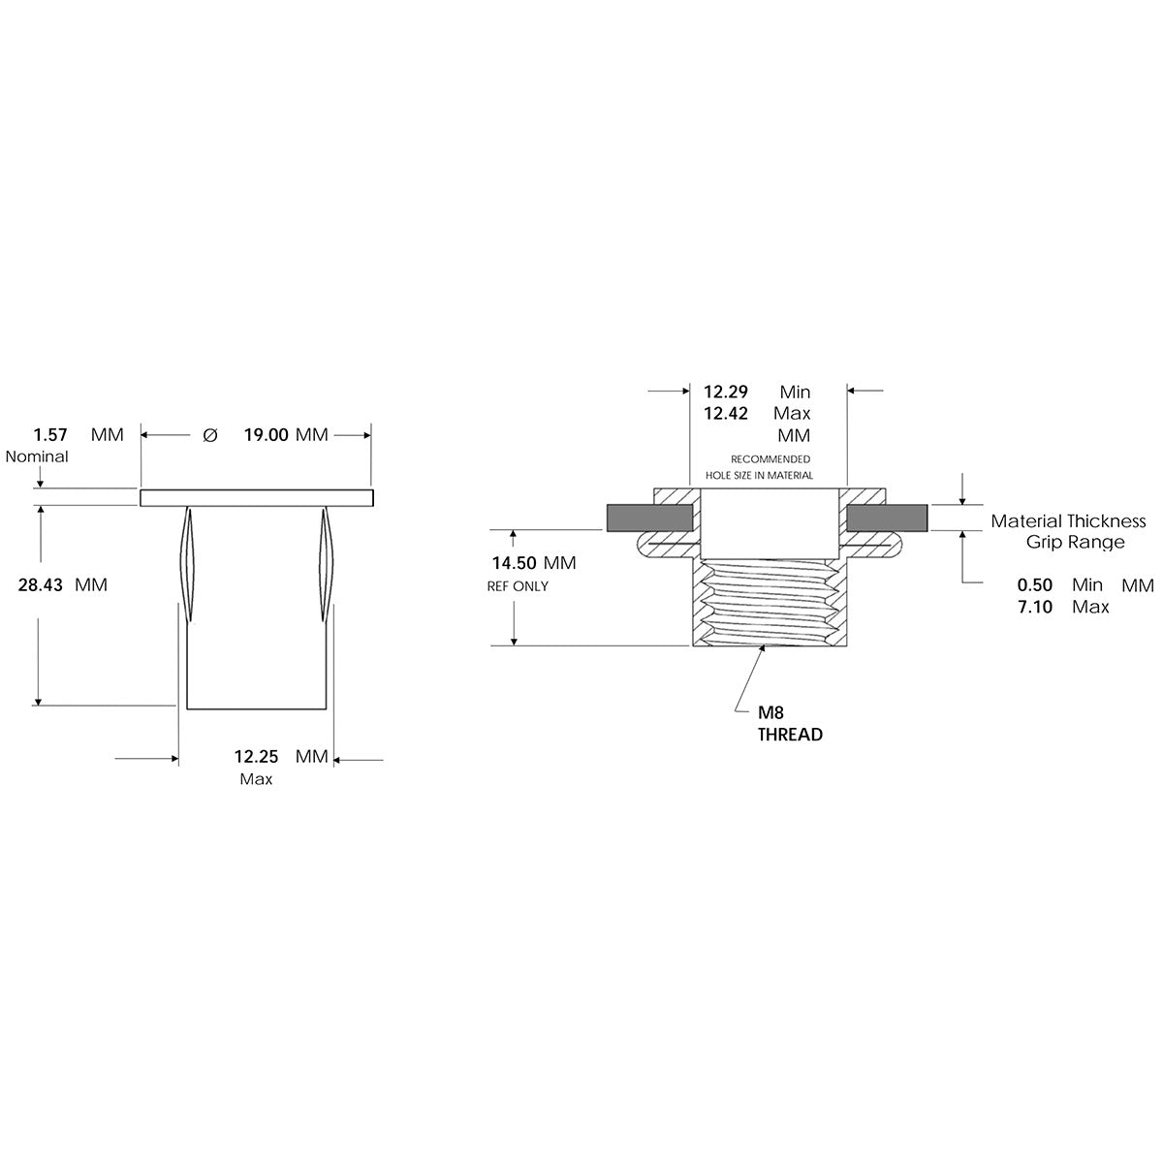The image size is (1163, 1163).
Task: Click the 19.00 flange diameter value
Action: (267, 435)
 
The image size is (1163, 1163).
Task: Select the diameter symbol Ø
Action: (210, 435)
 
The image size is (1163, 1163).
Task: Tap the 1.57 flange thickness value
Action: (50, 434)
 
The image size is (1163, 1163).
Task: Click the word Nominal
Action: (37, 456)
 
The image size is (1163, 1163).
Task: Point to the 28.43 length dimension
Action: (41, 584)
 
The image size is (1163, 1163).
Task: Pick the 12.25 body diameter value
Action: (257, 756)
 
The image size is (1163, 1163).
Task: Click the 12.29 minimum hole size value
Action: (726, 393)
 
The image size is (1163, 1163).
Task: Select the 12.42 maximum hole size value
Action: (726, 414)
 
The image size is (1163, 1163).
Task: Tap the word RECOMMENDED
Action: (770, 459)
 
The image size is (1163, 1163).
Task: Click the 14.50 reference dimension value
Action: (515, 563)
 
